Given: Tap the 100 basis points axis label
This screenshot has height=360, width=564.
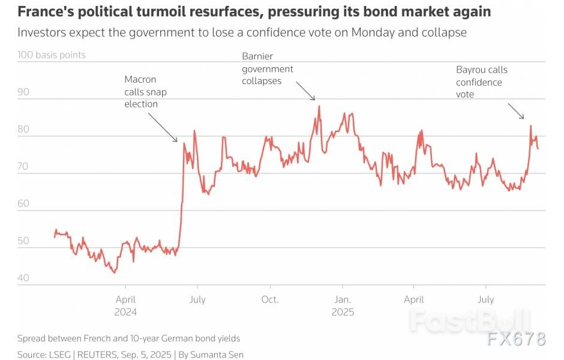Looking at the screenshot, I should coord(52,55).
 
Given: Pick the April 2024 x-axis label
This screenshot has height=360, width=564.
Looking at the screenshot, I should coord(125,305).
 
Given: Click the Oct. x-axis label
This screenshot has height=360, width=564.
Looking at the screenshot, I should coord(270,299).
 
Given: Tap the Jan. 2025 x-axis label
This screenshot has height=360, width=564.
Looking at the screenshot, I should coord(343,305).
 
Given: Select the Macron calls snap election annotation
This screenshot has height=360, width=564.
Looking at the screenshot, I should coord(141,91).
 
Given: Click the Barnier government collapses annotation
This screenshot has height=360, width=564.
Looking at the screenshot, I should coord(268,68).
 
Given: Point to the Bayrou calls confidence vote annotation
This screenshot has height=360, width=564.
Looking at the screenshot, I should coord(481,82).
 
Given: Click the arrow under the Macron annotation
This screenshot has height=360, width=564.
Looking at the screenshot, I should coord(162,127).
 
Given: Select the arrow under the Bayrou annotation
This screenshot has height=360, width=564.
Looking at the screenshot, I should coord(516,111).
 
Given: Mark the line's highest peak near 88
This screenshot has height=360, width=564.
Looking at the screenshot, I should coord(319,106).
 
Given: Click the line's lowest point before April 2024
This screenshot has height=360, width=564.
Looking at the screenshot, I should coord(114,272).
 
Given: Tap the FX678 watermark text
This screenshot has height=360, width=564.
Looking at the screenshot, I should coord(516,338).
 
